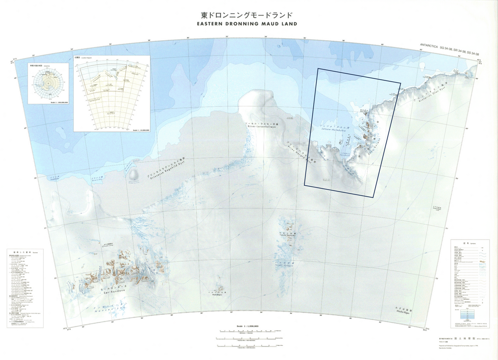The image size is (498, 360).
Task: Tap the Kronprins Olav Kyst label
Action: point(435,94)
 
